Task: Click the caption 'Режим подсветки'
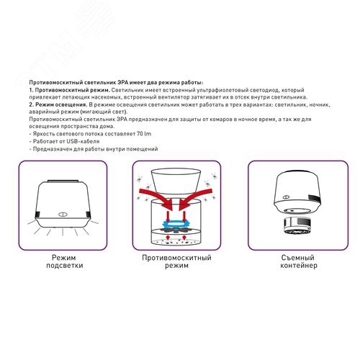click(65, 261)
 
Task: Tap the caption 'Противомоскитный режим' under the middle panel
click(176, 261)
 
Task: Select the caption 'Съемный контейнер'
click(299, 261)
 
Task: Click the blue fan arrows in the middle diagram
click(176, 224)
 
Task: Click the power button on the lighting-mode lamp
click(63, 215)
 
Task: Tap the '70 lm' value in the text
click(144, 134)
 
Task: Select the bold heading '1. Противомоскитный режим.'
click(70, 90)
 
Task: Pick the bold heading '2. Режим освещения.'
click(58, 104)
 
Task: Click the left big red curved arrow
click(157, 197)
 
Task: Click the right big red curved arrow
click(195, 197)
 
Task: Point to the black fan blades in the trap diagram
click(176, 230)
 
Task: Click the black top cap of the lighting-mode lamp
click(63, 181)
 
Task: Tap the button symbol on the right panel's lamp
click(286, 197)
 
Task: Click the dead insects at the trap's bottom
click(176, 242)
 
